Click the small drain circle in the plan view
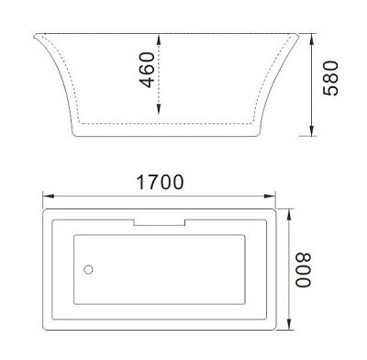pyautogui.click(x=89, y=270)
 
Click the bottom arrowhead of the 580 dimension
pyautogui.click(x=315, y=133)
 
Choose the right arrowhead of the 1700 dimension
pyautogui.click(x=277, y=195)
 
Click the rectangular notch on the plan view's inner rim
pyautogui.click(x=161, y=223)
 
